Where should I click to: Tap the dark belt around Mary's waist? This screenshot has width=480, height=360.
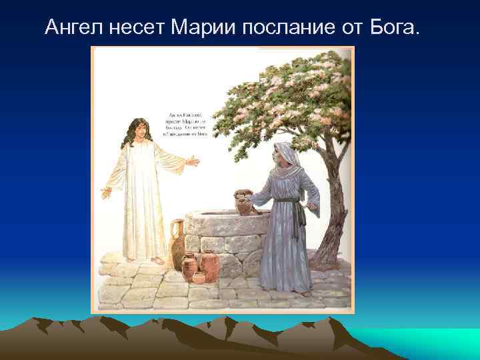point(287,200)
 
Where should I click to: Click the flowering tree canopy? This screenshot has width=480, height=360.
point(287,93)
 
